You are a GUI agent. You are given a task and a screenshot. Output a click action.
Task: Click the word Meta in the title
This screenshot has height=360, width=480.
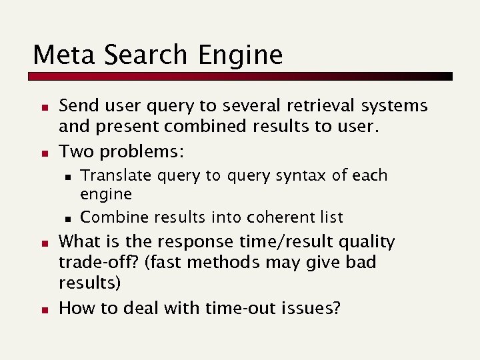pyautogui.click(x=58, y=55)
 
